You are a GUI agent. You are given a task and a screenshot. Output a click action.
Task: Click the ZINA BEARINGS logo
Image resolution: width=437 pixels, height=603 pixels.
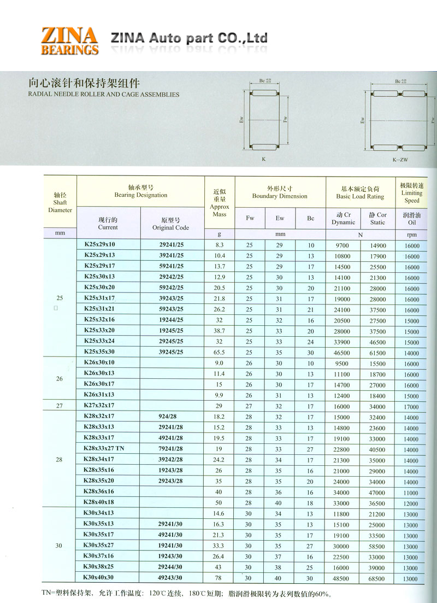pyautogui.click(x=69, y=40)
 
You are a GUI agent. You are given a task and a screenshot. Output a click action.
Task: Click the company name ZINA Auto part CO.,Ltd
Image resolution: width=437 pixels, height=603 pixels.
pyautogui.click(x=189, y=38)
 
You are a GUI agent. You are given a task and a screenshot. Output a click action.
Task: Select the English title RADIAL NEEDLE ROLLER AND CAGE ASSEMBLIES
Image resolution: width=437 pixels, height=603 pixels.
pyautogui.click(x=103, y=94)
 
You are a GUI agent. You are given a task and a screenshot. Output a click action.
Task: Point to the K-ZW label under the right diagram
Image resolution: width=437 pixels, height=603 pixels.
pyautogui.click(x=400, y=160)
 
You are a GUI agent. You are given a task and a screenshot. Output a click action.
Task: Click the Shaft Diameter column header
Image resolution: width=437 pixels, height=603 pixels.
pyautogui.click(x=60, y=202)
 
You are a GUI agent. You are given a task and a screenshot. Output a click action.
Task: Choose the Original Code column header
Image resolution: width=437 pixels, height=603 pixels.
pyautogui.click(x=170, y=224)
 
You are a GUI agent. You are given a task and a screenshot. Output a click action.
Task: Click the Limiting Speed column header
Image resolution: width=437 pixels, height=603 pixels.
pyautogui.click(x=411, y=193)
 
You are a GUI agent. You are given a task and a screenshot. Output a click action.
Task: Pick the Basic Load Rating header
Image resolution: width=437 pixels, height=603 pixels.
pyautogui.click(x=360, y=192)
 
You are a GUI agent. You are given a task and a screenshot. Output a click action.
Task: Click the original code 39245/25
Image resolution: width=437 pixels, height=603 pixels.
pyautogui.click(x=171, y=352)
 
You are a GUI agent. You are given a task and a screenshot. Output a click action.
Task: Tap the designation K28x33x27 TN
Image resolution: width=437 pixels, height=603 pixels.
pyautogui.click(x=104, y=449)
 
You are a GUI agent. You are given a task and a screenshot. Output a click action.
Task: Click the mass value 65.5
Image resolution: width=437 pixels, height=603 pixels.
pyautogui.click(x=220, y=353)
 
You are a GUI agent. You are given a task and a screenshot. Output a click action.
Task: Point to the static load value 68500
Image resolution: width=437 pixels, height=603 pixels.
pyautogui.click(x=377, y=578)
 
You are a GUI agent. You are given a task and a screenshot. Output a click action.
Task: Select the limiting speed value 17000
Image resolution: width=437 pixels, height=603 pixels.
pyautogui.click(x=411, y=407)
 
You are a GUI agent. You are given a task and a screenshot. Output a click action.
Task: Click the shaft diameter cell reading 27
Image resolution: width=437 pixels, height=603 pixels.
pyautogui.click(x=60, y=406)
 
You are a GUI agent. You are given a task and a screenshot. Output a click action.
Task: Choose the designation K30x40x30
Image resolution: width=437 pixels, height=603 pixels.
pyautogui.click(x=99, y=578)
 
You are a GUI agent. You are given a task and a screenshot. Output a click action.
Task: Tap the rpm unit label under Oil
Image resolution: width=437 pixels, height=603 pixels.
pyautogui.click(x=411, y=234)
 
